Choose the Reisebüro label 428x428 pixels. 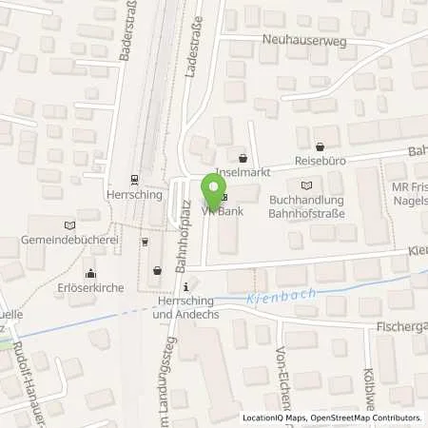tap(319, 163)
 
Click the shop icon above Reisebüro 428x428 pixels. tap(319, 147)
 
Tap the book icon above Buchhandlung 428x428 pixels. tap(305, 185)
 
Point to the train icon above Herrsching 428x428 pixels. tap(135, 178)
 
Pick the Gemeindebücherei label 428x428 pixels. tap(65, 242)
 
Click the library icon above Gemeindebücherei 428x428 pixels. tap(67, 225)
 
